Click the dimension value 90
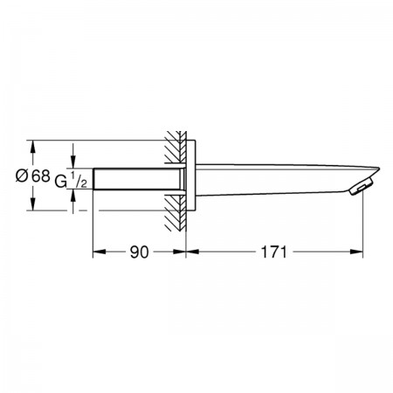tap(139, 252)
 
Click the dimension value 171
tap(273, 252)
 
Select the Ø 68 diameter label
tap(33, 176)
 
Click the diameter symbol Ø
tap(22, 176)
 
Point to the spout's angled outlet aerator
tap(361, 187)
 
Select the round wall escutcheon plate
tap(190, 176)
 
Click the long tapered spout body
tap(286, 180)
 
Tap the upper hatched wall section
tap(176, 147)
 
